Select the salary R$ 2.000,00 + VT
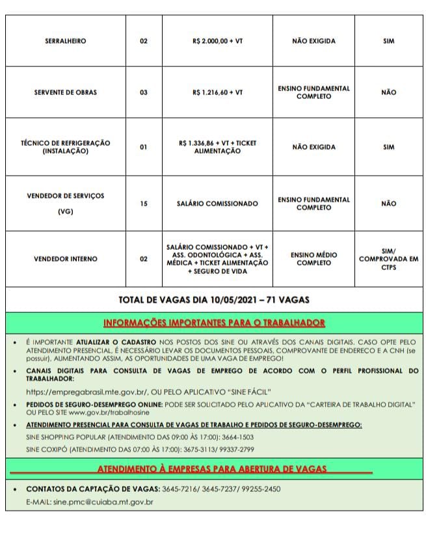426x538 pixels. [x=217, y=41]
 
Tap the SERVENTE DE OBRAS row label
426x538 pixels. [x=65, y=92]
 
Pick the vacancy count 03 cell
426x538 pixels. [x=144, y=92]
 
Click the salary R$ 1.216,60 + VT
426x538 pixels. [x=217, y=92]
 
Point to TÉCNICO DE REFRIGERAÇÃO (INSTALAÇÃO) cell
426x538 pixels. [x=65, y=147]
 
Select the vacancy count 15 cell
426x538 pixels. [x=144, y=204]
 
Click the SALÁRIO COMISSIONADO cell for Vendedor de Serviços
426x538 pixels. [x=217, y=204]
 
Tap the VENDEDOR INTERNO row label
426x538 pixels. [x=65, y=259]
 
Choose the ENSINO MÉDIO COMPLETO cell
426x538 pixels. [x=313, y=259]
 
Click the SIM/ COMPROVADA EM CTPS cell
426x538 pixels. [x=388, y=259]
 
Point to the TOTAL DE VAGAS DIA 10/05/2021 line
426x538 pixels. [x=214, y=300]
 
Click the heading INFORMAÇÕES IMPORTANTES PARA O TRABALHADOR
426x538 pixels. [x=214, y=323]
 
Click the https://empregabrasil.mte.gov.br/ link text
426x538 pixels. [x=87, y=392]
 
